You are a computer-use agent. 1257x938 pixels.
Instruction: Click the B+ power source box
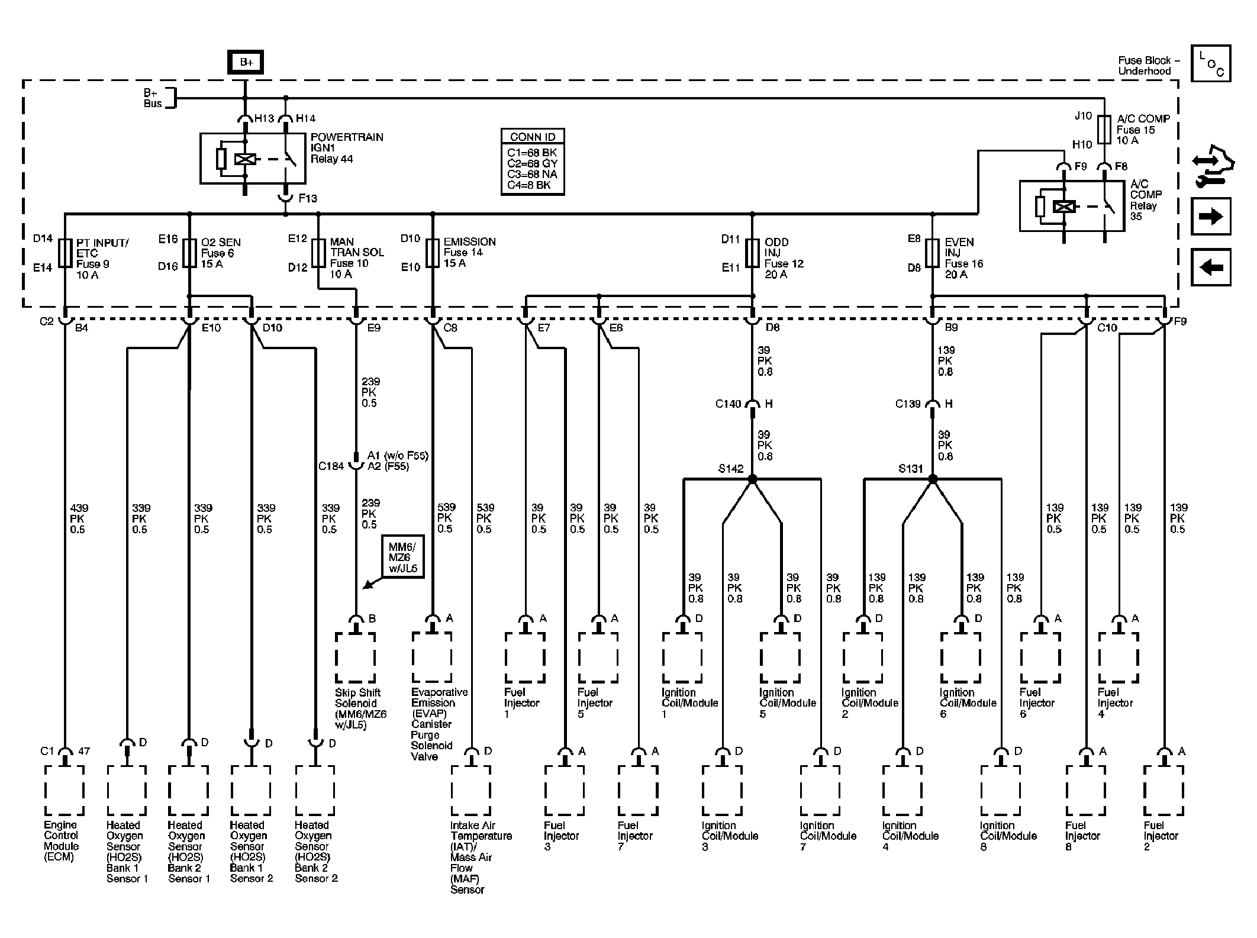pos(246,62)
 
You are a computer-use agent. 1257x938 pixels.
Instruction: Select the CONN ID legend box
pos(533,162)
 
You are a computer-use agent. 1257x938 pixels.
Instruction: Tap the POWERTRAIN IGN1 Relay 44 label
pos(347,148)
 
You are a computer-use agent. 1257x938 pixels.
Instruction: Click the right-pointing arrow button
pos(1211,217)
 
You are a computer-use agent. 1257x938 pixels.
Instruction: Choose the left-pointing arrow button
pos(1211,267)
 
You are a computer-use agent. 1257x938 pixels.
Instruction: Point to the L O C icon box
pos(1211,63)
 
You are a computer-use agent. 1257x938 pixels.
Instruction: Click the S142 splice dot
pos(752,478)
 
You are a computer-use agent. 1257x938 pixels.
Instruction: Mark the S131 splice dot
pos(933,478)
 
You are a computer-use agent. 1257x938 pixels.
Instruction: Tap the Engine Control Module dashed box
pos(65,791)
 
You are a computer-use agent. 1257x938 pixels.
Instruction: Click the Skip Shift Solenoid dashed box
pos(356,658)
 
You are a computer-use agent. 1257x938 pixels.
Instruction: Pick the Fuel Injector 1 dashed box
pos(525,658)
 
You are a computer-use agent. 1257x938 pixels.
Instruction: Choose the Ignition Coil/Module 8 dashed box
pos(1001,791)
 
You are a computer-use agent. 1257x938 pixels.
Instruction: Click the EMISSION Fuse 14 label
pos(469,253)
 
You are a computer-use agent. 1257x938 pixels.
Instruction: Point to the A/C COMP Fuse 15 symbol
pos(1104,130)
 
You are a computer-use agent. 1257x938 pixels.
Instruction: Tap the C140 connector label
pos(728,404)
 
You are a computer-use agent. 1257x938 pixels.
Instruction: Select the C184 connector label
pos(331,466)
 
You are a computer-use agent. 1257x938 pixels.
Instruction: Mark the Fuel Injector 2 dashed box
pos(1164,791)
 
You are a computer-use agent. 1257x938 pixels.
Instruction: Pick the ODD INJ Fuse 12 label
pos(784,258)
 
